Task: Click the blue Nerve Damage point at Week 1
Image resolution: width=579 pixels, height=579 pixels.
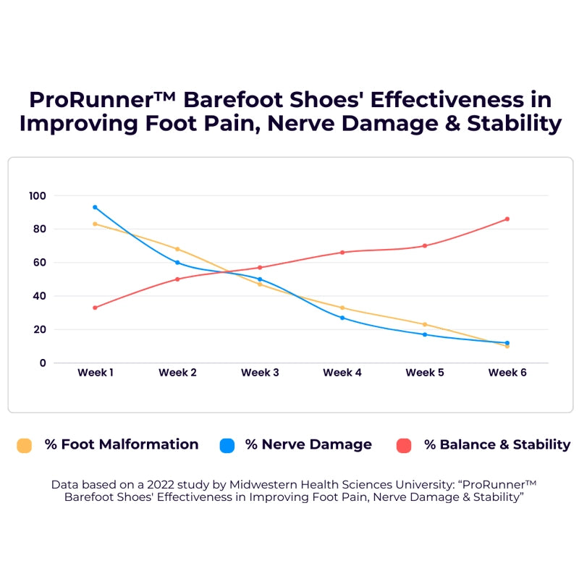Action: point(95,207)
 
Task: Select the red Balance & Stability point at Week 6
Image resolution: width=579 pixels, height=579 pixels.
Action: point(507,219)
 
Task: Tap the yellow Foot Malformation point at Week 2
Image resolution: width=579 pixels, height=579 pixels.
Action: point(177,249)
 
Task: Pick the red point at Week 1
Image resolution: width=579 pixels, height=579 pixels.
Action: point(95,308)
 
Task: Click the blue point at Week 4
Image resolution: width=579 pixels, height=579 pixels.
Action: point(342,318)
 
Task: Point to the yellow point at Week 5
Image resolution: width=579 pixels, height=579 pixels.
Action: point(425,324)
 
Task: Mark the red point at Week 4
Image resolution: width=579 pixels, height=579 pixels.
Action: point(342,252)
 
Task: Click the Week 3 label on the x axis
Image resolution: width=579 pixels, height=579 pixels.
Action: point(260,373)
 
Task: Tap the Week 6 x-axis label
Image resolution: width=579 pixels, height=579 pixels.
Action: point(507,373)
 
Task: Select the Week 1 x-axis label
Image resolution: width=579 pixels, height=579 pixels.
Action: point(95,373)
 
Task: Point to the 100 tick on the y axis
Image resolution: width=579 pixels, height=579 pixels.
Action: point(38,195)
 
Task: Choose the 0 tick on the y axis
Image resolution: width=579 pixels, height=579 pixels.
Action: point(43,363)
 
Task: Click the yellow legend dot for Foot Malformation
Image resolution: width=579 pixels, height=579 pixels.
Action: point(25,445)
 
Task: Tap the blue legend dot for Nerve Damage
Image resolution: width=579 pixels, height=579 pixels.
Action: point(227,445)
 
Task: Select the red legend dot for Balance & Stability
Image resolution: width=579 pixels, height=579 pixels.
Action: point(404,445)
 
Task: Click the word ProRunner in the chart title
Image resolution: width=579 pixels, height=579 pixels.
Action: point(92,99)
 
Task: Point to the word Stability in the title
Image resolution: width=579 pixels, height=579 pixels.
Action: point(514,123)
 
